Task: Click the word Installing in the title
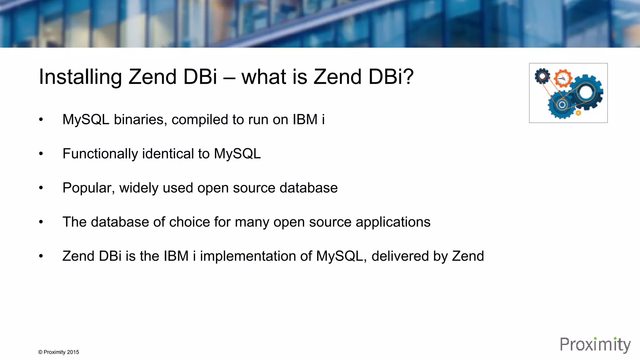tap(80, 77)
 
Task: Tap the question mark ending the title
tap(408, 77)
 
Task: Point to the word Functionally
tap(100, 154)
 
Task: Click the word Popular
tap(88, 188)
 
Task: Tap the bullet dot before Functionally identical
tap(41, 154)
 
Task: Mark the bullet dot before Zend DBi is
tap(41, 256)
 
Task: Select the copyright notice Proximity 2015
tap(59, 352)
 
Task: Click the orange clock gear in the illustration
tap(563, 78)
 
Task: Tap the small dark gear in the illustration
tap(542, 76)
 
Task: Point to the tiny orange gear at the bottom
tap(578, 113)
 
